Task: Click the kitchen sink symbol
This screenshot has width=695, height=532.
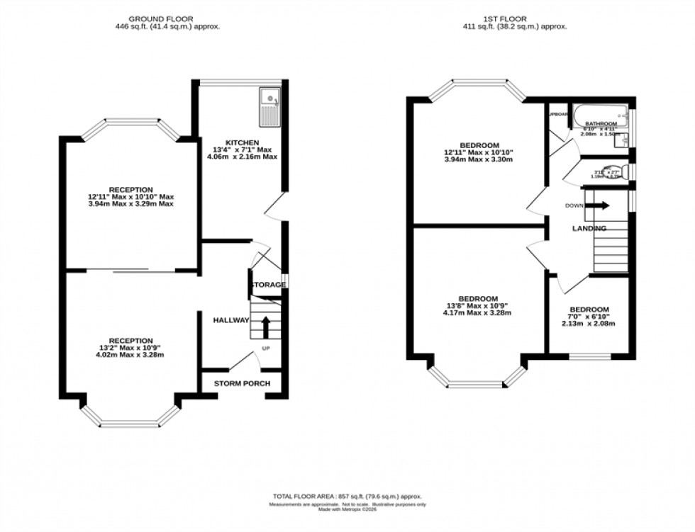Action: pyautogui.click(x=270, y=106)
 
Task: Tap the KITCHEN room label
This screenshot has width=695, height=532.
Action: pyautogui.click(x=242, y=142)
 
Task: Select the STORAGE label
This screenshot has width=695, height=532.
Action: pyautogui.click(x=267, y=285)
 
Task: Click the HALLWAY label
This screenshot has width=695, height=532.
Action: pyautogui.click(x=231, y=320)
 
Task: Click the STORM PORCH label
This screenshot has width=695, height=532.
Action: pyautogui.click(x=242, y=384)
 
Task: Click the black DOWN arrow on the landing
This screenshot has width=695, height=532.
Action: pyautogui.click(x=597, y=205)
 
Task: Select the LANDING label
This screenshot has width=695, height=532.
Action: pyautogui.click(x=589, y=229)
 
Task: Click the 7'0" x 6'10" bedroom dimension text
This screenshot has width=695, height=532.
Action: pyautogui.click(x=589, y=317)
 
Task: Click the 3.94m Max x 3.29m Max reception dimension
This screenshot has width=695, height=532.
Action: pyautogui.click(x=130, y=204)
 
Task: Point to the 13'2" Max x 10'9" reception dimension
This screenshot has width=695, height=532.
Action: pyautogui.click(x=131, y=347)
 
